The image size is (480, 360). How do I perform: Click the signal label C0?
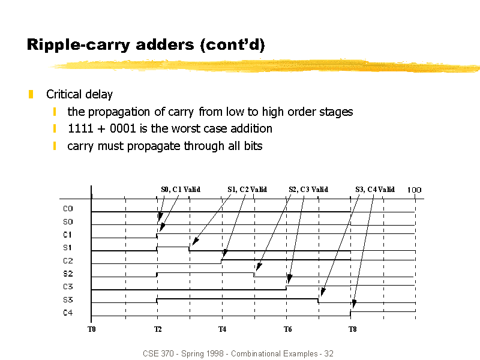tap(68, 208)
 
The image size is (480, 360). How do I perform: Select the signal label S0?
tap(68, 221)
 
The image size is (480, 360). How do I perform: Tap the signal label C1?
tap(67, 235)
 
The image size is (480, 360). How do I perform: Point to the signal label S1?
tap(67, 248)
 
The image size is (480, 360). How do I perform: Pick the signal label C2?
tap(68, 261)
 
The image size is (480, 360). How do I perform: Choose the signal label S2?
tap(68, 274)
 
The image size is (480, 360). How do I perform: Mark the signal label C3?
tap(68, 287)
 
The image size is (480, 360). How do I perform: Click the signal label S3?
tap(68, 299)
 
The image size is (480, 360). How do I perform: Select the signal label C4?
tap(68, 313)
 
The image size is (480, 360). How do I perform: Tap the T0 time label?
tap(92, 329)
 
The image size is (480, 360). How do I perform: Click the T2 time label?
tap(158, 329)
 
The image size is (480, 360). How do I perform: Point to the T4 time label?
tap(222, 329)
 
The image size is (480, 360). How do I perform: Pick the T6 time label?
tap(287, 329)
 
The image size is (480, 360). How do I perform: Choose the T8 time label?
tap(352, 329)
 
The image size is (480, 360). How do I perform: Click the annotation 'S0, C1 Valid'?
tap(181, 190)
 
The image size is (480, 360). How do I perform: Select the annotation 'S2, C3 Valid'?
tap(308, 190)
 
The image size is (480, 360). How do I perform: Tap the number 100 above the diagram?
tap(414, 190)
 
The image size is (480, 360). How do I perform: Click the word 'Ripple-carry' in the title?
tap(79, 45)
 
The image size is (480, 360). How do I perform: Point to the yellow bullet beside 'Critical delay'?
tap(31, 94)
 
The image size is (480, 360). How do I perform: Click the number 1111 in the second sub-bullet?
tap(80, 128)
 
